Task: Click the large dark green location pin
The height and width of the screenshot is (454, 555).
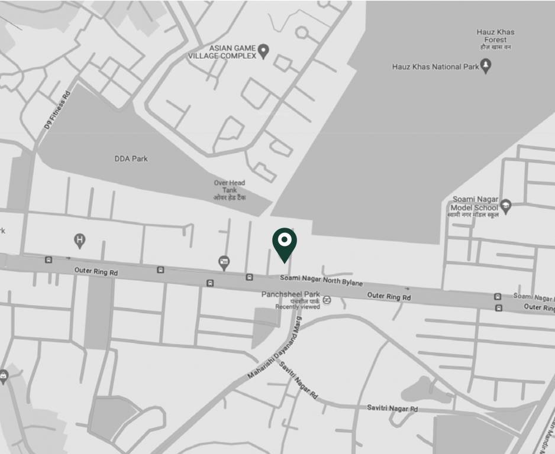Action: tap(285, 242)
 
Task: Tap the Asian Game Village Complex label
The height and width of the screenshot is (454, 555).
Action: tap(222, 52)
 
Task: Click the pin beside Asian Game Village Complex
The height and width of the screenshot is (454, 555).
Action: tap(264, 51)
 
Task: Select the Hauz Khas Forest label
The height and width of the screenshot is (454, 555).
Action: tap(495, 39)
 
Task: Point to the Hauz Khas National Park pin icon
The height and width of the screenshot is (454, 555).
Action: tap(486, 66)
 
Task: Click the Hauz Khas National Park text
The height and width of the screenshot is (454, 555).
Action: tap(435, 67)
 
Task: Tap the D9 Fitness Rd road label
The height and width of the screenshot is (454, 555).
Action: tap(57, 110)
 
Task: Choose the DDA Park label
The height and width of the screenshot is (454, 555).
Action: tap(131, 158)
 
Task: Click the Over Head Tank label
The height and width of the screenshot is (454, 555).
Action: tap(230, 190)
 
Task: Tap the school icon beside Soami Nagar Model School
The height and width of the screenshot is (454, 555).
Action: tap(505, 207)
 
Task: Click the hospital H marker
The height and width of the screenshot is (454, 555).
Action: tap(79, 241)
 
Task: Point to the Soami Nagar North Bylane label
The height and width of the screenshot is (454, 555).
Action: tap(321, 280)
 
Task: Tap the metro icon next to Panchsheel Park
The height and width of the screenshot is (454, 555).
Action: tap(327, 300)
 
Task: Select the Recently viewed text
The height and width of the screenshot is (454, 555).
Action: tap(298, 307)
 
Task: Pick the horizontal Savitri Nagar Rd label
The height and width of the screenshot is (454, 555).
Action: tap(392, 408)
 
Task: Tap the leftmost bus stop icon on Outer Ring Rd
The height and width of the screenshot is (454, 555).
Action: tap(49, 260)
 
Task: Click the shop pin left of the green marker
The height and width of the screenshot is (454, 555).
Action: tap(224, 262)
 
